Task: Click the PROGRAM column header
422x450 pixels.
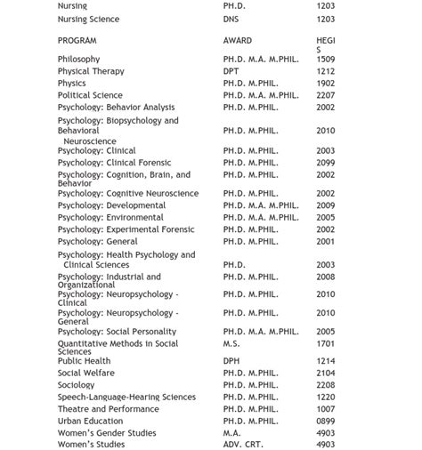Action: (x=77, y=41)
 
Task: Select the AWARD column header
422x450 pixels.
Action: (x=237, y=41)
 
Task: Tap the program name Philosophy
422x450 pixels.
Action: (x=78, y=60)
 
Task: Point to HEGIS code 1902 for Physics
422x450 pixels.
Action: (x=325, y=84)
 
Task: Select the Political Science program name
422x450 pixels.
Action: (x=90, y=95)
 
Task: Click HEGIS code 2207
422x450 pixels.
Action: (x=325, y=95)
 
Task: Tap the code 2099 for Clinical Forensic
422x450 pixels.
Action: (x=325, y=163)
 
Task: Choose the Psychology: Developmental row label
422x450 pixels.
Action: (x=111, y=205)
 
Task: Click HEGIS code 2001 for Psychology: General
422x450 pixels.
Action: (x=325, y=241)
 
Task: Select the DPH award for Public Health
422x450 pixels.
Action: (x=231, y=361)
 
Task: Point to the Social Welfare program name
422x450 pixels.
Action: (x=85, y=374)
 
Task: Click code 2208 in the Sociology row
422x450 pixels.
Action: (x=325, y=385)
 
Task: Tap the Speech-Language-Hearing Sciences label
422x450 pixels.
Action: (x=126, y=398)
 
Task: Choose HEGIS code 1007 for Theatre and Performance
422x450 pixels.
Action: (x=325, y=409)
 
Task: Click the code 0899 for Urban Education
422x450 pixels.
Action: (x=325, y=421)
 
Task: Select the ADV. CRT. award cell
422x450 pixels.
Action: (x=245, y=445)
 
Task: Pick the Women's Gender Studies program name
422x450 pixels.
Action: (x=106, y=433)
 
